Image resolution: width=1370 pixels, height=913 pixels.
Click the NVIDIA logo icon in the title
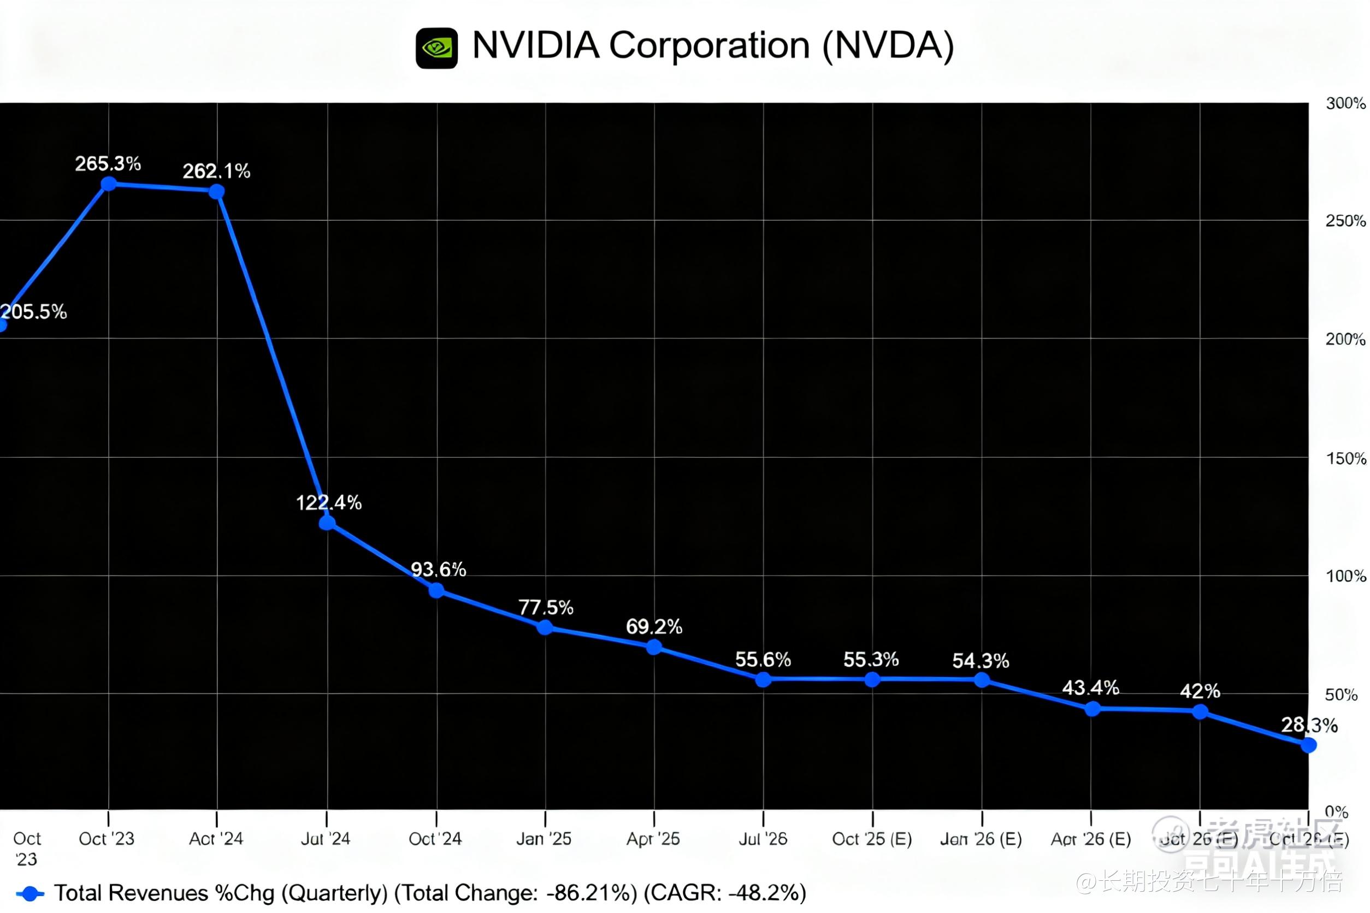[436, 49]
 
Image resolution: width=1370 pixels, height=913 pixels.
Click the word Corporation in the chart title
[709, 45]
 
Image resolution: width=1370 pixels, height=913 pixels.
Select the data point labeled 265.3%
[108, 184]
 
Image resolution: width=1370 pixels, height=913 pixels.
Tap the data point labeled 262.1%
[217, 192]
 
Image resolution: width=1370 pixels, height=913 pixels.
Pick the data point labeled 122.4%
[327, 522]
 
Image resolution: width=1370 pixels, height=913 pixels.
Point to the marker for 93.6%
[436, 591]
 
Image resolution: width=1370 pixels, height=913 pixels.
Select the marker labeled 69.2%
[653, 647]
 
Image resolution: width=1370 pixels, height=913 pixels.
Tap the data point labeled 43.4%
[1093, 709]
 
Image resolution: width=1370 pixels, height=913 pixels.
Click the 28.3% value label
[1309, 725]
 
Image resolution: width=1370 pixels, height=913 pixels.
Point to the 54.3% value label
[981, 660]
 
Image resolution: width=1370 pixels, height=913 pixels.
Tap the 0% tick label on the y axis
[1336, 811]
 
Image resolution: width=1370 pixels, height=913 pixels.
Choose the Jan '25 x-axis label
[544, 839]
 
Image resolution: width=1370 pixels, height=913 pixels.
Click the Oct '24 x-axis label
[435, 839]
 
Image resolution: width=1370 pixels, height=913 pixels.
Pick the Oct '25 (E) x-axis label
[872, 839]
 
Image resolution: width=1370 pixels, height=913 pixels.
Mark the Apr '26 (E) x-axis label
[1090, 839]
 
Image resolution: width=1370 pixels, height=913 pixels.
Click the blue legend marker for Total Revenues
[29, 893]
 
